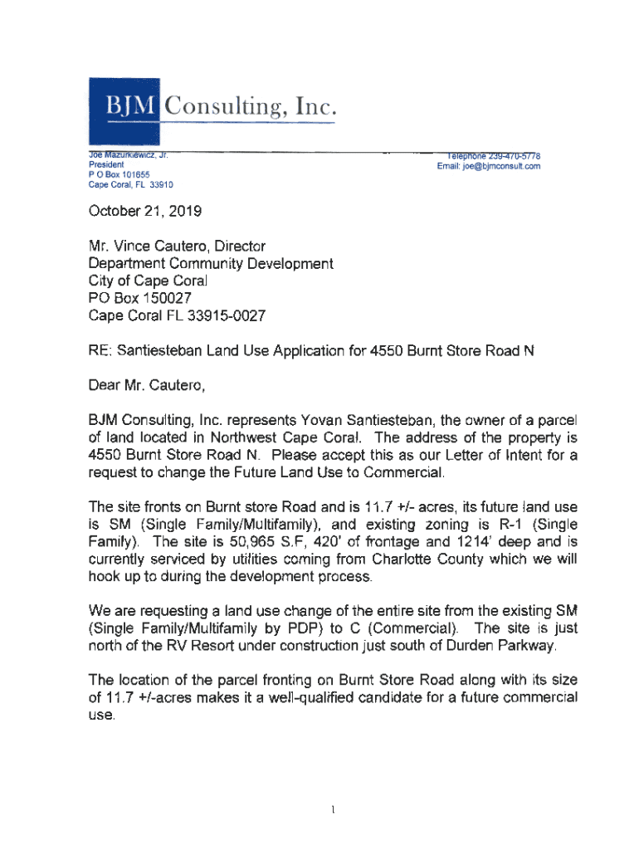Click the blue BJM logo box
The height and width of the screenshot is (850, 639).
click(x=125, y=108)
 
